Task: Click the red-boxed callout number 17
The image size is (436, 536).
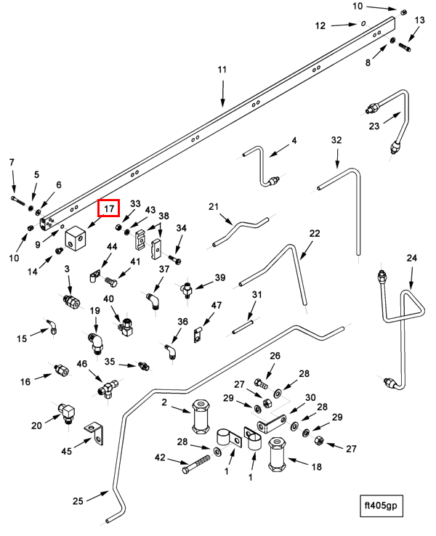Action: click(109, 209)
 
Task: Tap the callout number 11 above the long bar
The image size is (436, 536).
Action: click(222, 70)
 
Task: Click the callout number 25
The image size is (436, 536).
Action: click(79, 500)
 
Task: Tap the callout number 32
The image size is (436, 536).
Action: click(336, 139)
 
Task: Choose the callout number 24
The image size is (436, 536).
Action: click(411, 258)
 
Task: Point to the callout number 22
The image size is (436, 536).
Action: click(314, 234)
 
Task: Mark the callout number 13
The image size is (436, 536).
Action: click(419, 20)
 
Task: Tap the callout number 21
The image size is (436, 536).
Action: click(214, 207)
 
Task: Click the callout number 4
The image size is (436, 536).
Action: click(294, 140)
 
